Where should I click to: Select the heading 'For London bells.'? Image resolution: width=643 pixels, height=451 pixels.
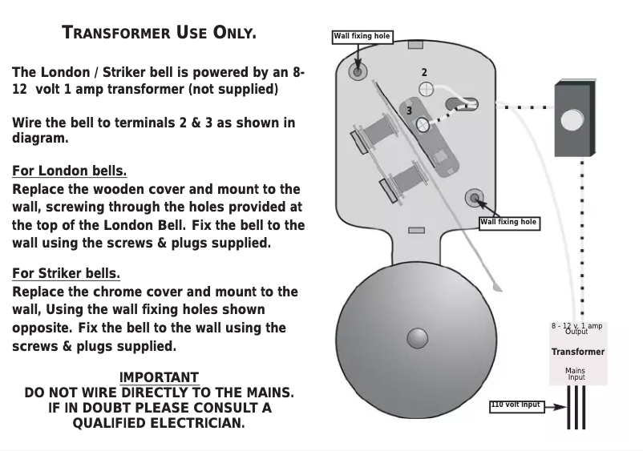tap(69, 171)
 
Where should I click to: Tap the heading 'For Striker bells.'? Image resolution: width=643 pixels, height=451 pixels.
tap(66, 274)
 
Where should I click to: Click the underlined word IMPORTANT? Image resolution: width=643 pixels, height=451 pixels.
tap(159, 377)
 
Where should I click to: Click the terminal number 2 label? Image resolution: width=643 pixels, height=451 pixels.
tap(424, 73)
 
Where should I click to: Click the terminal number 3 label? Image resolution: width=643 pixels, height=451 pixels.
tap(408, 111)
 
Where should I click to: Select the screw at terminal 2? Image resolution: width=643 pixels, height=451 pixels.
tap(427, 90)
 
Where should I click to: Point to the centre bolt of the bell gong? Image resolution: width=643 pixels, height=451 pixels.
tap(417, 338)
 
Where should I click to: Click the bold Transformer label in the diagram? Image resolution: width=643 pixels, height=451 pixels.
tap(577, 352)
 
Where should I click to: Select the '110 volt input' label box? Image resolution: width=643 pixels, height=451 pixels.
tap(516, 405)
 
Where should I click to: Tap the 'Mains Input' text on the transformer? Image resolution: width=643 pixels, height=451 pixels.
tap(576, 374)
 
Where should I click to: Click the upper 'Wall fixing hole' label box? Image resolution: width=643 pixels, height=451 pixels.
tap(362, 37)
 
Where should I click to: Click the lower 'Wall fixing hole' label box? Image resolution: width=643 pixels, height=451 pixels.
tap(509, 223)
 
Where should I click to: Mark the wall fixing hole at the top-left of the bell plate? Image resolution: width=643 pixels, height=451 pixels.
tap(358, 71)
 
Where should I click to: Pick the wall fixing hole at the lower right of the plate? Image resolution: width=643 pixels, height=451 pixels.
tap(474, 198)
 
